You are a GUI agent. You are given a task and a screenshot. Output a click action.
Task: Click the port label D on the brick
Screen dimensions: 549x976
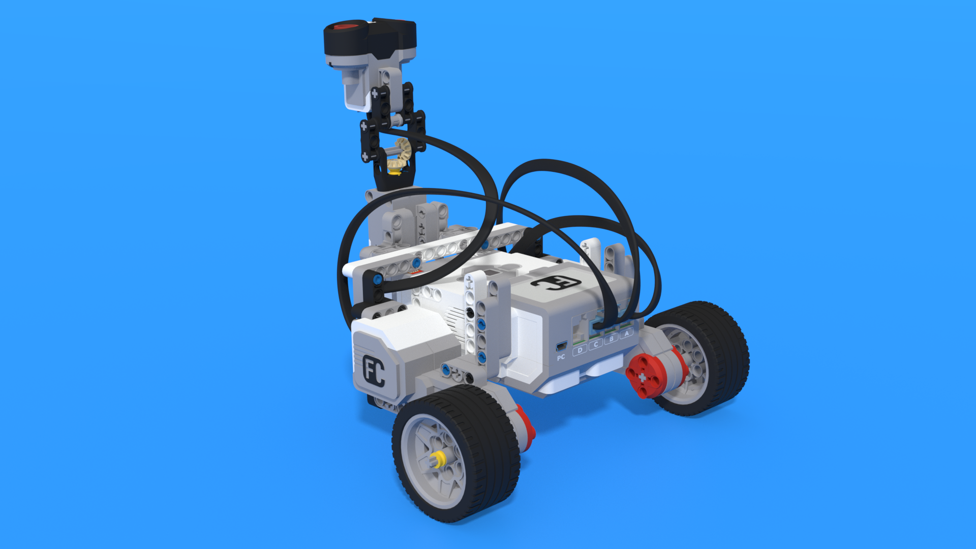pos(580,350)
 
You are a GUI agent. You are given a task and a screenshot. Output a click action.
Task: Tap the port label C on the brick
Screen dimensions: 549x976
pos(596,344)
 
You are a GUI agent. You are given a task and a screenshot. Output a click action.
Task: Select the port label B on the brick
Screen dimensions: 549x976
pos(612,339)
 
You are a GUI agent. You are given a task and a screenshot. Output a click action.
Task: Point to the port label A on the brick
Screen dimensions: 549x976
pos(627,333)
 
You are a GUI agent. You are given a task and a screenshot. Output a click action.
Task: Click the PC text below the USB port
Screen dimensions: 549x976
pos(561,357)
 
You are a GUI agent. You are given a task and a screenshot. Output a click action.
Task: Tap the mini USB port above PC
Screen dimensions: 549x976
pos(561,347)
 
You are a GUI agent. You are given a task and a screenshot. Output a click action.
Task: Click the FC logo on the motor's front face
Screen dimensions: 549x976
pos(374,371)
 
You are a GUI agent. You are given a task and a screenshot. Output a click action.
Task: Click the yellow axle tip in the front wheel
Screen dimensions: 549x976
pos(437,461)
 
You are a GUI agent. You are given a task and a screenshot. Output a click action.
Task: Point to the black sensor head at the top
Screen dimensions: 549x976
pos(370,39)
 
